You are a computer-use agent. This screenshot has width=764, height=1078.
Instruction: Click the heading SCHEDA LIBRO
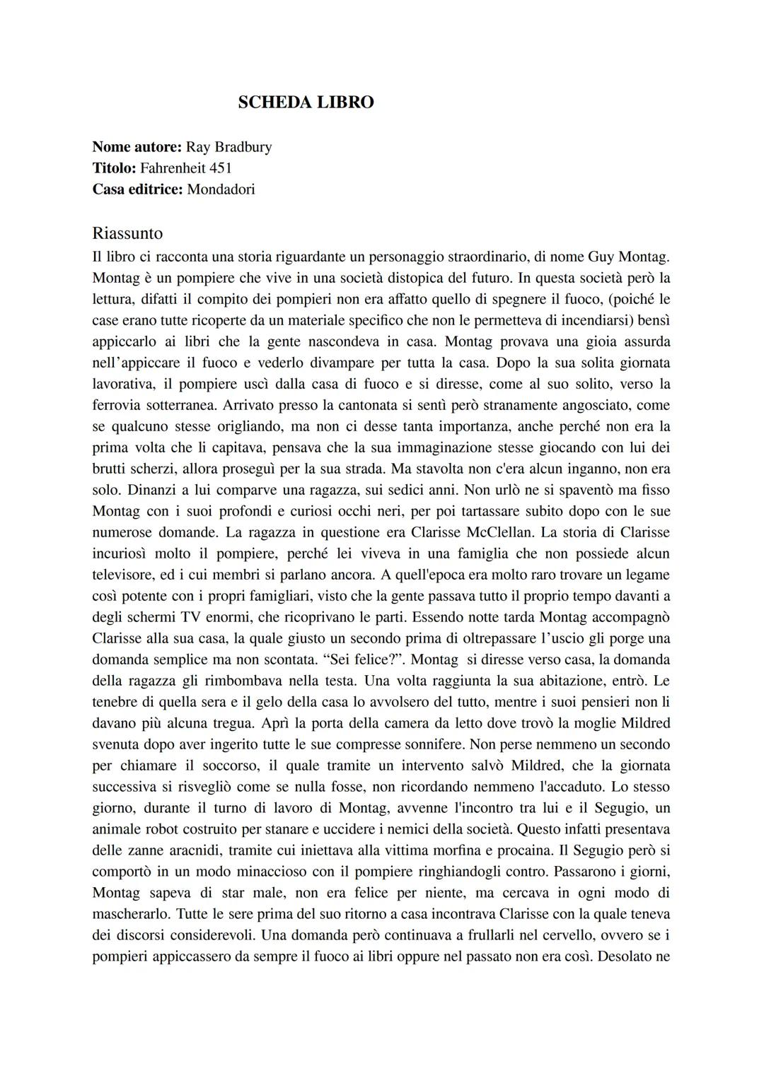click(306, 102)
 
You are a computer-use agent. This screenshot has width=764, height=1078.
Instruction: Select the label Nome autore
click(137, 147)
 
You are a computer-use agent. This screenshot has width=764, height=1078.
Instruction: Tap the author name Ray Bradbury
click(228, 147)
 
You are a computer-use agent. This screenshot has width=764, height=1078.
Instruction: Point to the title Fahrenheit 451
click(186, 168)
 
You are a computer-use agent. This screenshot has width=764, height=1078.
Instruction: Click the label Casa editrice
click(137, 189)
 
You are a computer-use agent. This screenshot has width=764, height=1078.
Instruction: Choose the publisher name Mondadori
click(221, 189)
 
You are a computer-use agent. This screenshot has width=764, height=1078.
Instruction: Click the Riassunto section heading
click(127, 233)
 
